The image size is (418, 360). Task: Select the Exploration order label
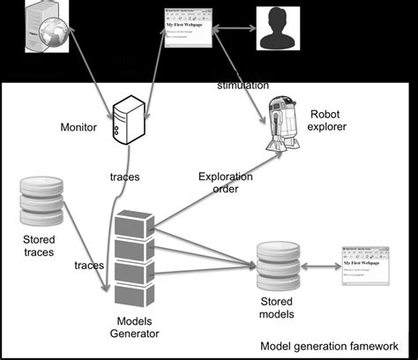point(225,183)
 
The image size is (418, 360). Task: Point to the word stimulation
point(243,85)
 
